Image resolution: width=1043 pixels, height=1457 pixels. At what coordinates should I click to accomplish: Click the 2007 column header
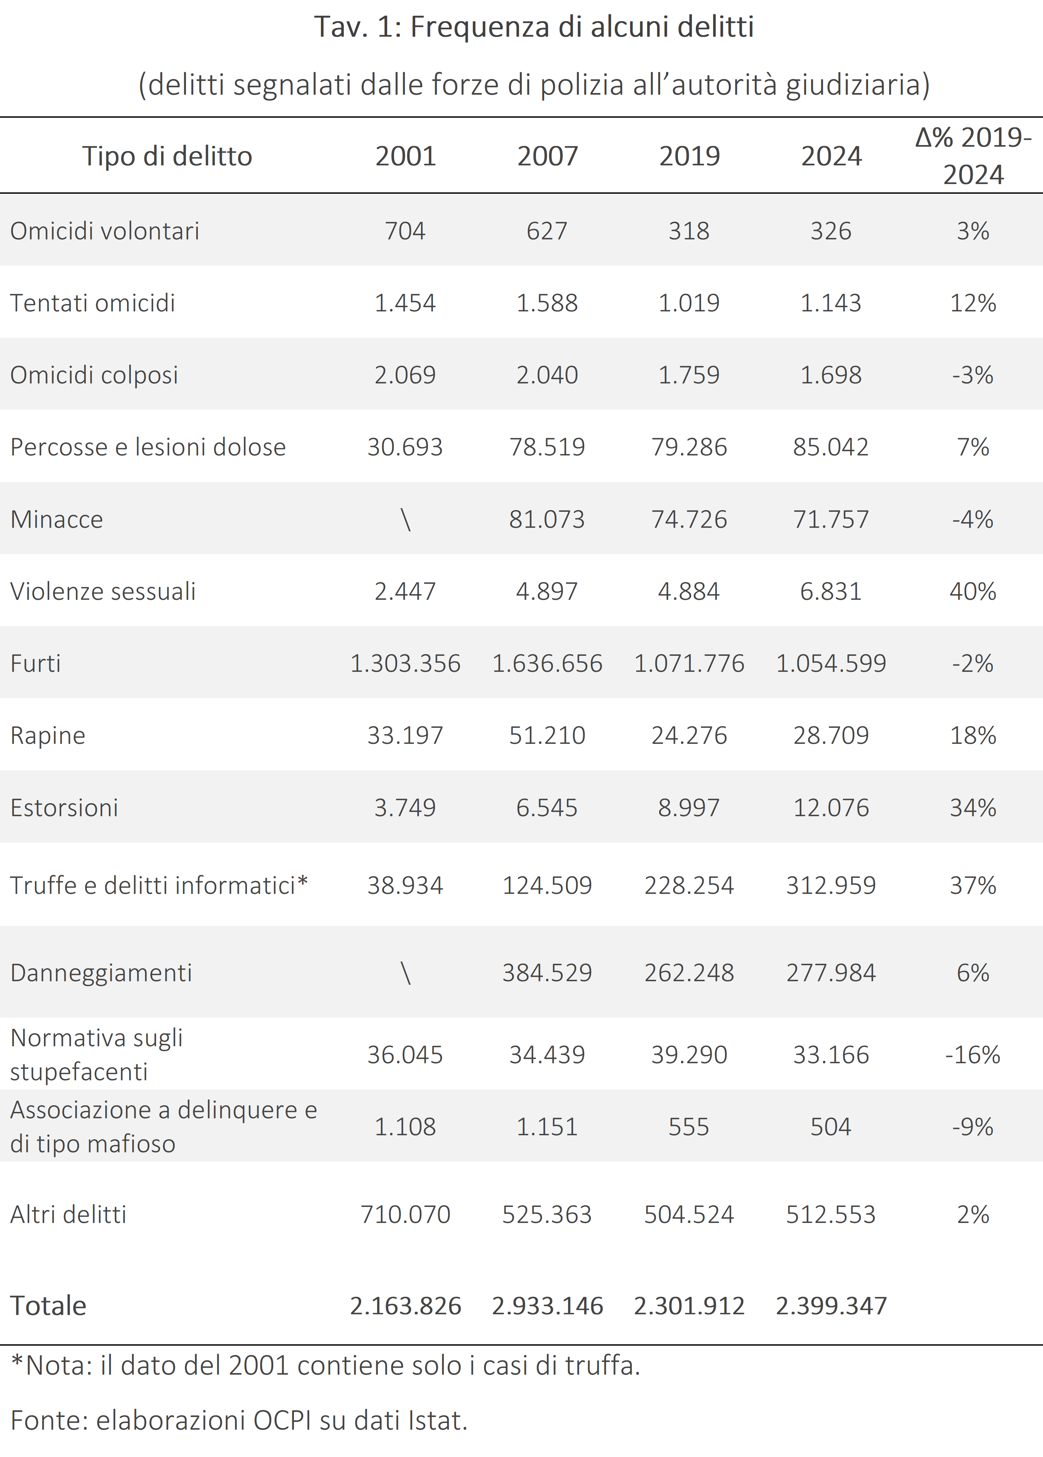coord(547,156)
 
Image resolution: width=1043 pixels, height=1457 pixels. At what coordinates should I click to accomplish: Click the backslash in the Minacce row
coord(405,519)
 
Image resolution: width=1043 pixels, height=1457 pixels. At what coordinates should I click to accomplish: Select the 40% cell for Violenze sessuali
coord(973,591)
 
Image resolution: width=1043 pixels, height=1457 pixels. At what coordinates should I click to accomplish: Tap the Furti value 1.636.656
coord(547,663)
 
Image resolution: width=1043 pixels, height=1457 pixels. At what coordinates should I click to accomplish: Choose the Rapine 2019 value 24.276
coord(689,735)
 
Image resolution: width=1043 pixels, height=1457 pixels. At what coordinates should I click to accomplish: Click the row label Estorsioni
coord(64,808)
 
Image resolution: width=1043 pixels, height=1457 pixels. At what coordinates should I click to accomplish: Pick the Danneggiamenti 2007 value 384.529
coord(547,973)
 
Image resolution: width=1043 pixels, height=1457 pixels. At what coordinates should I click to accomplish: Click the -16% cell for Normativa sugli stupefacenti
coord(973,1054)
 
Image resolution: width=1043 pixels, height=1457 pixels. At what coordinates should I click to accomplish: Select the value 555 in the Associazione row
coord(689,1126)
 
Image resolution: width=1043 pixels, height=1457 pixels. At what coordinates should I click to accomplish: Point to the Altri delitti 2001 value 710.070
coord(405,1214)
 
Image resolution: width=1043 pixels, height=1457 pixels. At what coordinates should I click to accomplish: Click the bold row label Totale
coord(48,1305)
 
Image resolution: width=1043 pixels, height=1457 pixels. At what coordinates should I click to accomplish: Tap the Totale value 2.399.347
coord(831,1305)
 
